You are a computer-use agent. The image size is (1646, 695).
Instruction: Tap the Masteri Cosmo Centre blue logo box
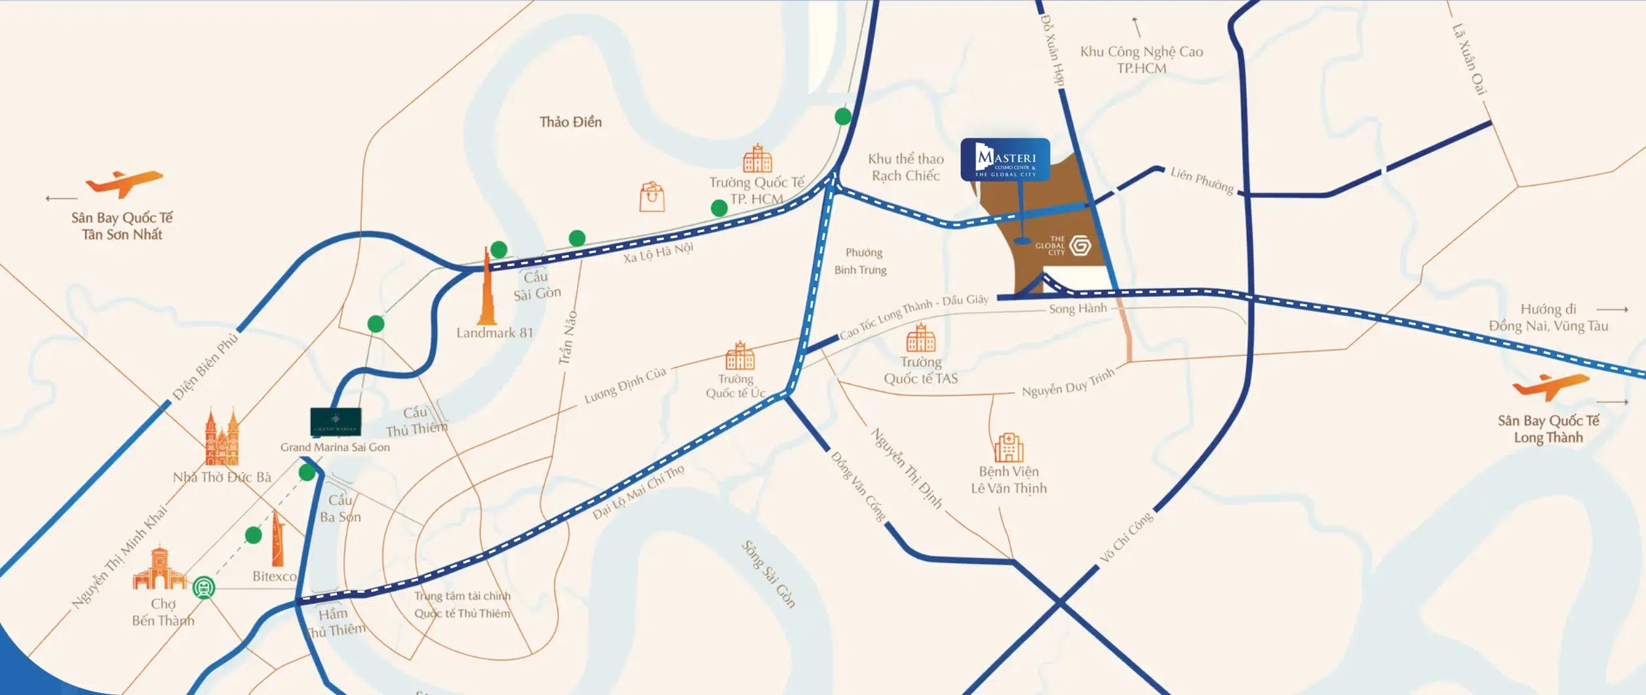click(1005, 159)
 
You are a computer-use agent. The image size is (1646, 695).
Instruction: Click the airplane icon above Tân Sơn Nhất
click(124, 183)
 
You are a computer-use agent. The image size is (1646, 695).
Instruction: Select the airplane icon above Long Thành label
click(1550, 386)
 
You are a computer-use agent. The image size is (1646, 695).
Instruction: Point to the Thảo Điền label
click(570, 122)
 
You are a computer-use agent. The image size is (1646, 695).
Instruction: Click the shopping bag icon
click(652, 197)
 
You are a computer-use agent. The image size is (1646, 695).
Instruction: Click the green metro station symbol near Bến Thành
click(204, 587)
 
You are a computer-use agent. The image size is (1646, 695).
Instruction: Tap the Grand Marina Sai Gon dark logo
click(336, 422)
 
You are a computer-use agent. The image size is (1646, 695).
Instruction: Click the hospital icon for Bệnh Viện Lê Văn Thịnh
click(1008, 448)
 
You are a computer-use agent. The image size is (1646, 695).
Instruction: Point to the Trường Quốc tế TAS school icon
click(920, 338)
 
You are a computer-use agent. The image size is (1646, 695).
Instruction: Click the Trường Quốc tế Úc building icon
click(740, 356)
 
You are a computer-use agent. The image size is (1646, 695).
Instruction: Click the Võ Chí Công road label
click(1126, 538)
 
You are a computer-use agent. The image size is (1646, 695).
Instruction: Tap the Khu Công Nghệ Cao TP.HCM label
click(1141, 60)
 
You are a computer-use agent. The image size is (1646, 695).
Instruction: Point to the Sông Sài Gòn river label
click(768, 574)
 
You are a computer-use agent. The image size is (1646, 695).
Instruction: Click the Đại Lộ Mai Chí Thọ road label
click(638, 492)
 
